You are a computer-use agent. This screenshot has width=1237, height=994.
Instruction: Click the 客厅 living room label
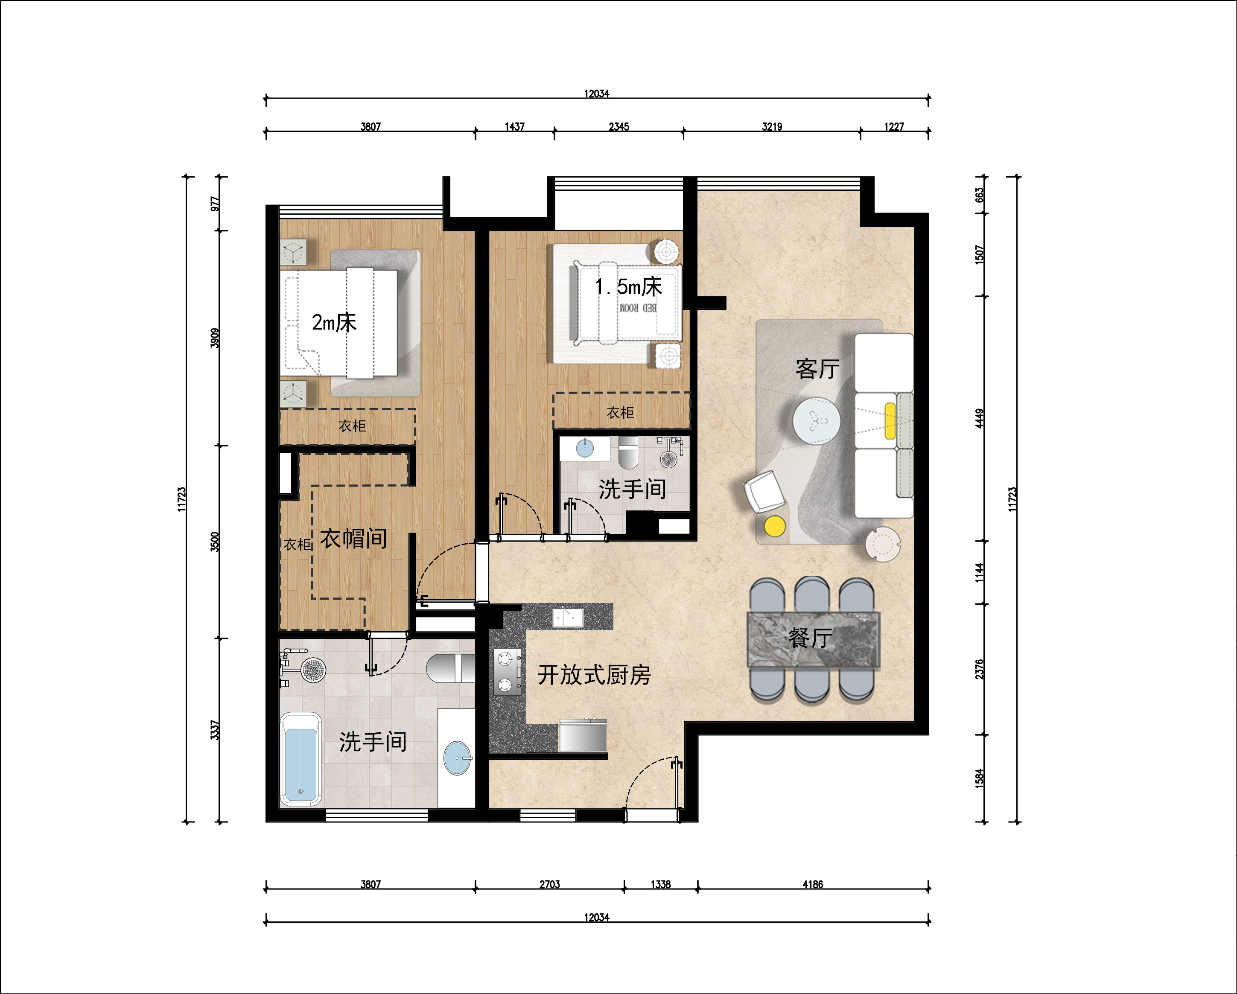817,369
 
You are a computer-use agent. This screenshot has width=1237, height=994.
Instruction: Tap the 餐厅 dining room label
810,638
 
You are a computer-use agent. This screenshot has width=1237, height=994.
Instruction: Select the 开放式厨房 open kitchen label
594,675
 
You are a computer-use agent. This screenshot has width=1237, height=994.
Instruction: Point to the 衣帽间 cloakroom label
353,539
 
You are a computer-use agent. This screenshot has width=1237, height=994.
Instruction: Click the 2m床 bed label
334,322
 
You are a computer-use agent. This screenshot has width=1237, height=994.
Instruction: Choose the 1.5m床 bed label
628,286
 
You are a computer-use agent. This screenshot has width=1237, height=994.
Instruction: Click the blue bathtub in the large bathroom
300,759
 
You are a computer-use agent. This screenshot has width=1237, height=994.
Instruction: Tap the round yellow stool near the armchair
775,526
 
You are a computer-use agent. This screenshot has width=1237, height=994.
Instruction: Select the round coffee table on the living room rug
817,420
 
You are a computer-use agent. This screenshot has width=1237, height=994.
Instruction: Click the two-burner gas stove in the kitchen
505,672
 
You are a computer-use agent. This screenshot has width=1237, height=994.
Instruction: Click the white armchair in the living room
764,492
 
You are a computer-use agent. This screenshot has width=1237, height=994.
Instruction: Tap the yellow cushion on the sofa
890,421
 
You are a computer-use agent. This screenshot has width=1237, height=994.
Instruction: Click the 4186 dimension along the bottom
812,884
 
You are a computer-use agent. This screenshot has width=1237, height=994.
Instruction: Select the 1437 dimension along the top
515,126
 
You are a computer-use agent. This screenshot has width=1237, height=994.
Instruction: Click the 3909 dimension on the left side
215,338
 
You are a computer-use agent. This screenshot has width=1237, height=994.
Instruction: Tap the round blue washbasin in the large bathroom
457,758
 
